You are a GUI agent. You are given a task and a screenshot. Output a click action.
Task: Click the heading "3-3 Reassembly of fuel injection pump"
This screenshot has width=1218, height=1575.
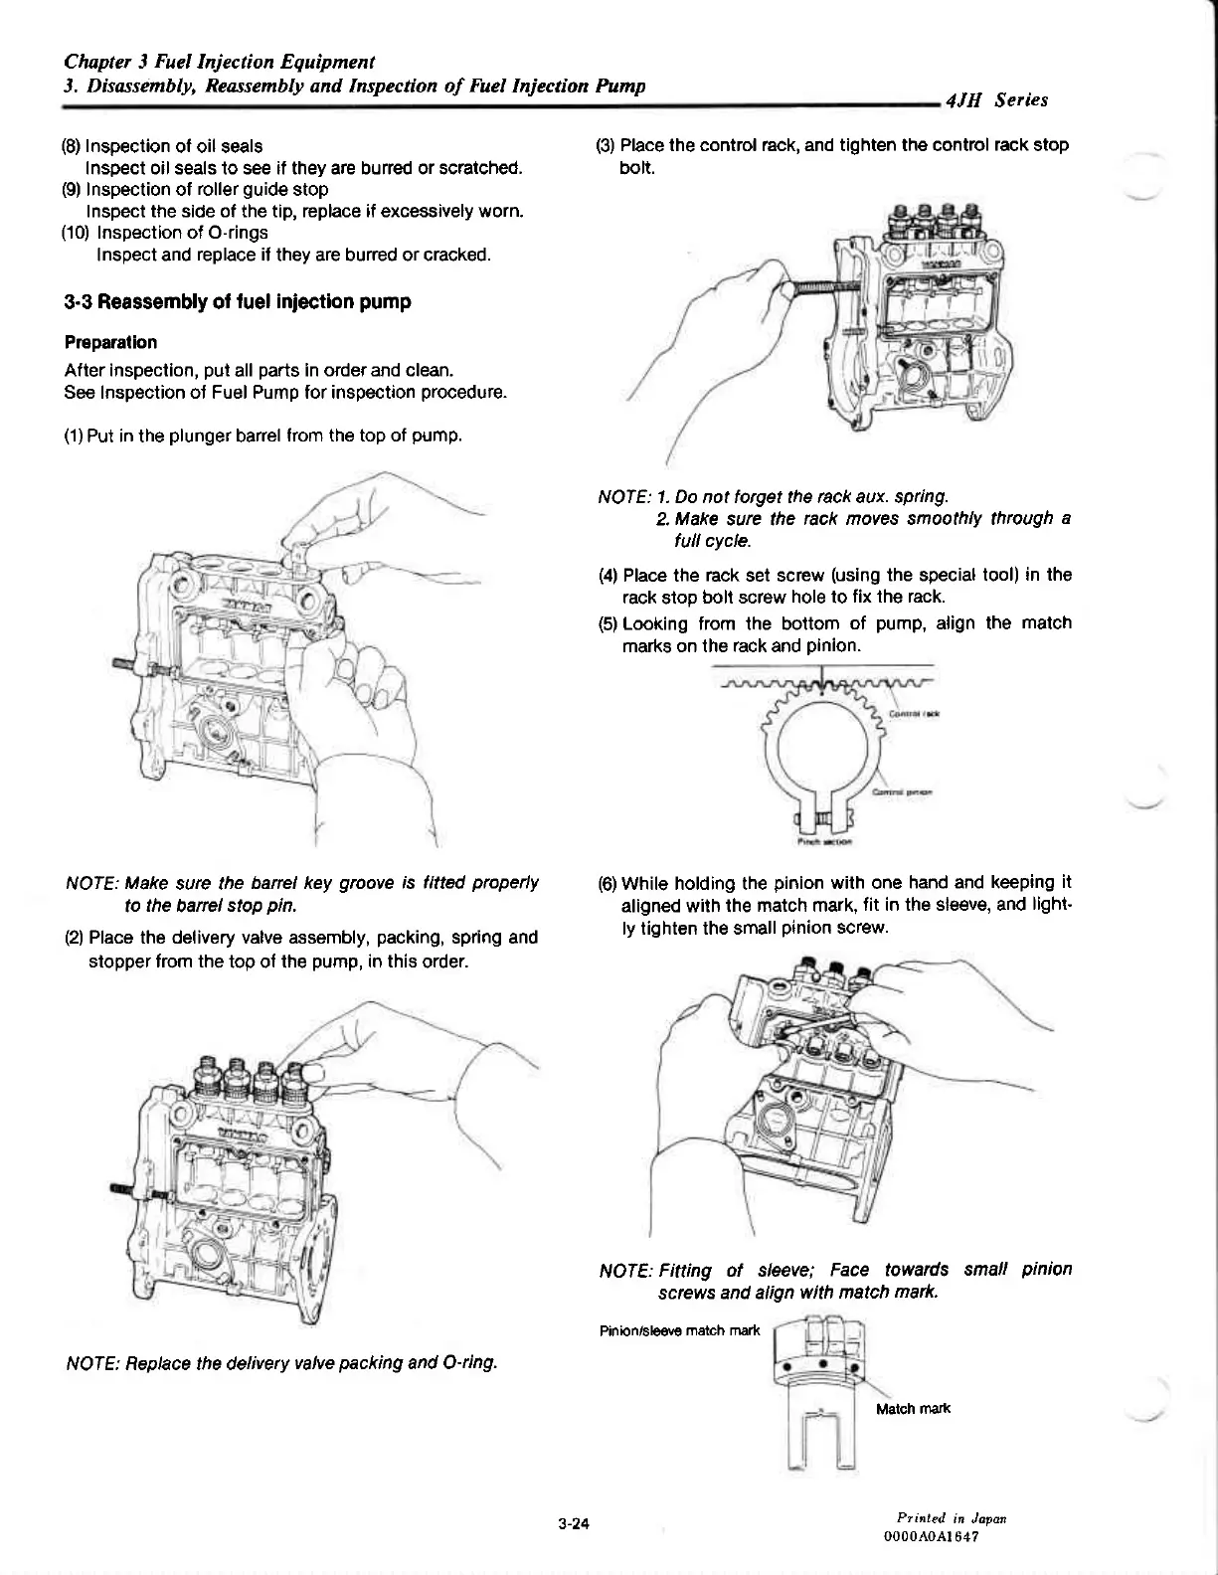click(x=237, y=301)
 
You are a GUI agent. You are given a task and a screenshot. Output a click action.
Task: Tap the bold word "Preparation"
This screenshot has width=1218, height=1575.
click(x=110, y=342)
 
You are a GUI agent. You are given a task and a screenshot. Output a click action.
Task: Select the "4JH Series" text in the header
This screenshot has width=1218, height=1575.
click(x=997, y=99)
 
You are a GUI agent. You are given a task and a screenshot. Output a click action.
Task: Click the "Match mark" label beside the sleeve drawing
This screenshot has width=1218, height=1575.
click(x=913, y=1408)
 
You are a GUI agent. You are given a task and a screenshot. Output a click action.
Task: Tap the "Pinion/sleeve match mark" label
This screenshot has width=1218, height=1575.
click(x=680, y=1330)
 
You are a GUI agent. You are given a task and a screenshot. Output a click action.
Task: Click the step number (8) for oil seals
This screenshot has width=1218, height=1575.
click(x=72, y=145)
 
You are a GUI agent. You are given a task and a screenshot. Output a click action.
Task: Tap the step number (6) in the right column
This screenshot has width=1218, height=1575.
click(x=608, y=883)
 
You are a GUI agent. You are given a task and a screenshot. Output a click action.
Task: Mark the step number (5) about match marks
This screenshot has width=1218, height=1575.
click(x=609, y=623)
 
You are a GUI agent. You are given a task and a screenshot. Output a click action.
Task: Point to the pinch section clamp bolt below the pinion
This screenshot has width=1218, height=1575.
click(x=823, y=819)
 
